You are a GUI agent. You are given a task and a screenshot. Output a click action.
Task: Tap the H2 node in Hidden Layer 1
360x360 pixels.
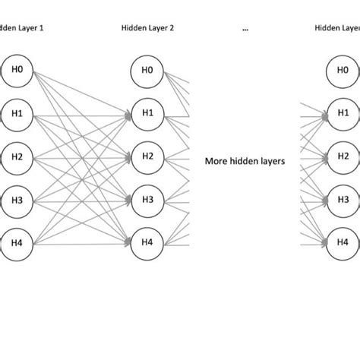(17, 156)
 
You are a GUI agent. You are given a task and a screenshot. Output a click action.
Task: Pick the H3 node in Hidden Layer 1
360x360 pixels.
(17, 200)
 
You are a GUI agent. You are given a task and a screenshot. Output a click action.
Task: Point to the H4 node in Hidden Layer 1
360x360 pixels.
(17, 243)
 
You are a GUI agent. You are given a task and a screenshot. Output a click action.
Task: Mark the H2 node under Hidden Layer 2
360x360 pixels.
(147, 156)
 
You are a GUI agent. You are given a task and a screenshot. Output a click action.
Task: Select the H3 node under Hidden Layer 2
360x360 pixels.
(147, 200)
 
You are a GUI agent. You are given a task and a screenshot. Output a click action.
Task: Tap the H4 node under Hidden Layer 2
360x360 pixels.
(147, 243)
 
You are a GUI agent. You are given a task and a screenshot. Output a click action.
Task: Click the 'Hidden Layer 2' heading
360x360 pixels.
(147, 29)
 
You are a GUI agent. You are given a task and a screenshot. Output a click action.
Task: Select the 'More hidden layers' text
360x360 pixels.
(243, 161)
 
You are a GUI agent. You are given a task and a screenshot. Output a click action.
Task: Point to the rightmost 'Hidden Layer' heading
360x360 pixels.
(336, 29)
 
